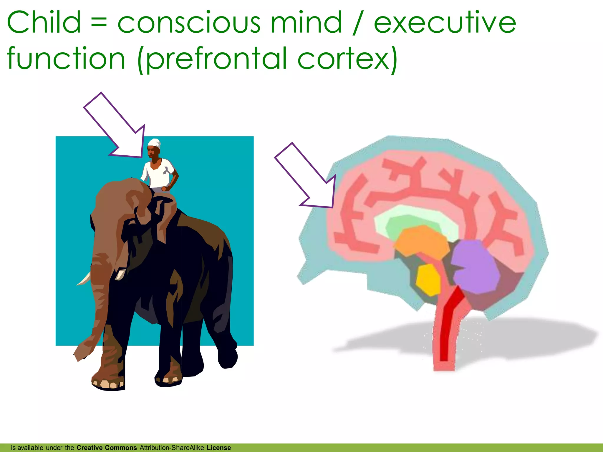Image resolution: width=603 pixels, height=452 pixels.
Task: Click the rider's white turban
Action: click(x=154, y=143)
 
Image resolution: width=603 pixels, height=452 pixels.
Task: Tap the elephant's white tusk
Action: click(x=84, y=280)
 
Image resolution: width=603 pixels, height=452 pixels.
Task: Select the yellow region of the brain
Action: click(x=429, y=280)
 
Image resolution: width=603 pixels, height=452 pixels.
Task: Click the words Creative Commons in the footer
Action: click(x=107, y=448)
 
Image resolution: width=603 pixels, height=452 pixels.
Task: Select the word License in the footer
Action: click(x=218, y=448)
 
